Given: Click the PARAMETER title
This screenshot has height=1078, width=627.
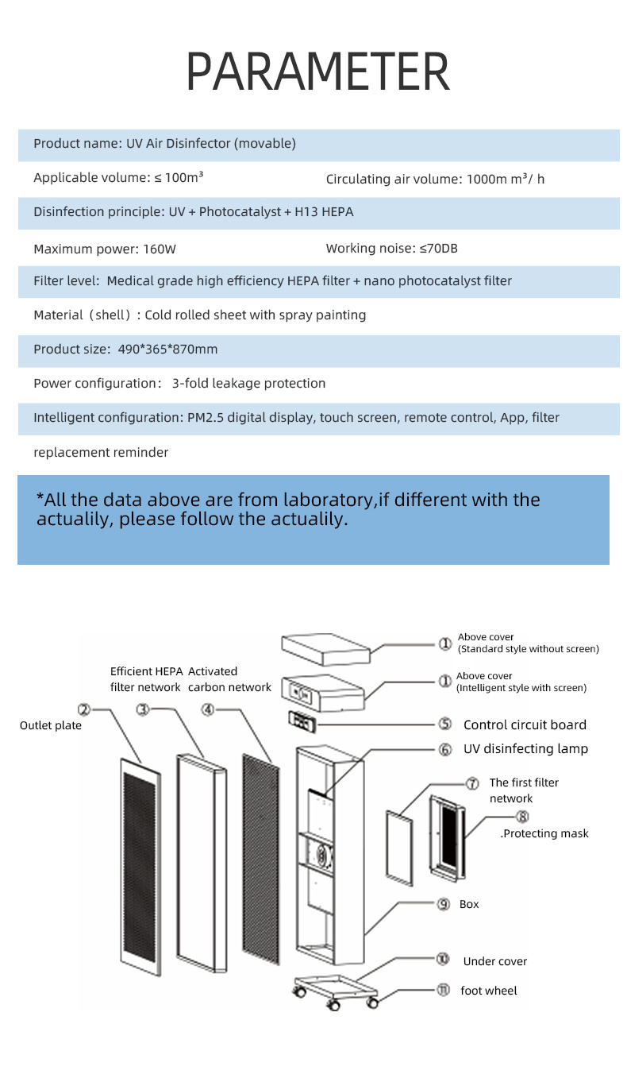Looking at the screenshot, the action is pyautogui.click(x=317, y=71).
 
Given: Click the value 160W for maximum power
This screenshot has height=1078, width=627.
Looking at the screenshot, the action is pyautogui.click(x=160, y=249).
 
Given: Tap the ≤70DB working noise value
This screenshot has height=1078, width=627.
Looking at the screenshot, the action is pyautogui.click(x=439, y=249).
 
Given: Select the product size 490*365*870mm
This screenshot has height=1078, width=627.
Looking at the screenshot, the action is pyautogui.click(x=167, y=349).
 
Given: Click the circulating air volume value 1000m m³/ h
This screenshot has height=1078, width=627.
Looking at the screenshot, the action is pyautogui.click(x=506, y=179).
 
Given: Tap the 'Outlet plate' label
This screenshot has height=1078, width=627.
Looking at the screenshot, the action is pyautogui.click(x=51, y=725).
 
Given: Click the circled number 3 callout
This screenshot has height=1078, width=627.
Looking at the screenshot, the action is pyautogui.click(x=143, y=709).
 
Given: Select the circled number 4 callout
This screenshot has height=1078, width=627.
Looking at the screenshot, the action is pyautogui.click(x=208, y=709).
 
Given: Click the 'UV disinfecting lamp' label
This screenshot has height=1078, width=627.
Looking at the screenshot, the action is pyautogui.click(x=525, y=749).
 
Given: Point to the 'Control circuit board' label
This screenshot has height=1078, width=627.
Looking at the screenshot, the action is pyautogui.click(x=525, y=724).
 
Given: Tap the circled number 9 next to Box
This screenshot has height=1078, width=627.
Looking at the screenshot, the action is pyautogui.click(x=444, y=904).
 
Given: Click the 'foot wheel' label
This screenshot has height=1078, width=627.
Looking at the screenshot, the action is pyautogui.click(x=489, y=991).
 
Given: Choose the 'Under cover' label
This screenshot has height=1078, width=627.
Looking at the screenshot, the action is pyautogui.click(x=495, y=961).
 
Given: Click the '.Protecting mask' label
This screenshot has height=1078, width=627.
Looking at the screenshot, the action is pyautogui.click(x=544, y=833).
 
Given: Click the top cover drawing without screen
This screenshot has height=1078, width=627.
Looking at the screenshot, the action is pyautogui.click(x=326, y=650).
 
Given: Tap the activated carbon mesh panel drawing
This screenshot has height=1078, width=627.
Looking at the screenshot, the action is pyautogui.click(x=261, y=860).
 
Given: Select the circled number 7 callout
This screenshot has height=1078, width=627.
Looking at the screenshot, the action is pyautogui.click(x=472, y=783).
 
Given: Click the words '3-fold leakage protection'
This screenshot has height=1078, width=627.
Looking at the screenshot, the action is pyautogui.click(x=248, y=383).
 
